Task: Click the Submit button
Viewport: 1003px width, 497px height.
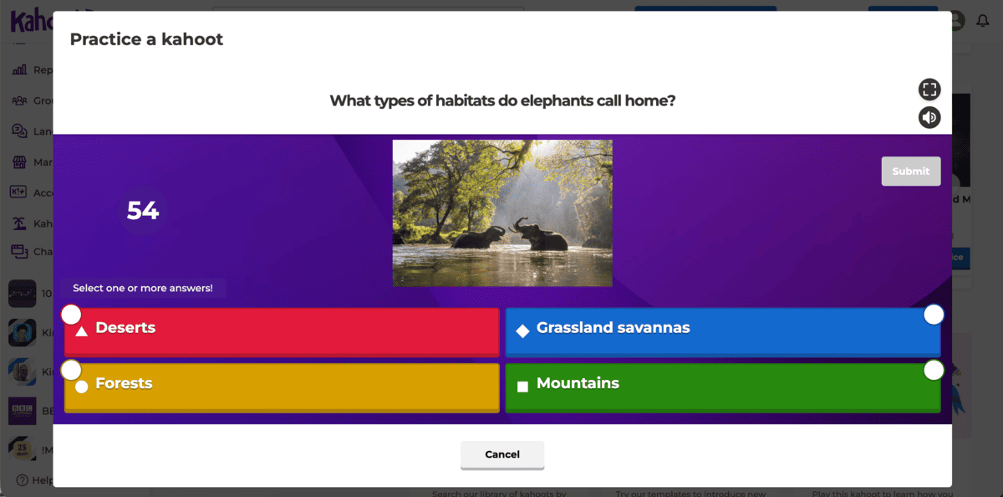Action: pyautogui.click(x=910, y=172)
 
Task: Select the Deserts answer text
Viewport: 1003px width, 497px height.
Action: pyautogui.click(x=125, y=328)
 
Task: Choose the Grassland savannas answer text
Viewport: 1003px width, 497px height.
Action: pyautogui.click(x=613, y=328)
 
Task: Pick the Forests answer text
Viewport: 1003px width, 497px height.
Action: pyautogui.click(x=124, y=383)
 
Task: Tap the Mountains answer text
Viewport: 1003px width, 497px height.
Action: pyautogui.click(x=578, y=383)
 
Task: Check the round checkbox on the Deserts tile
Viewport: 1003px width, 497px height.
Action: pyautogui.click(x=71, y=315)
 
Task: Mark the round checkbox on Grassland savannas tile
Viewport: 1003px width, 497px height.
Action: pyautogui.click(x=934, y=315)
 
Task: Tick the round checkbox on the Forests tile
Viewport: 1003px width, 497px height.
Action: pyautogui.click(x=71, y=370)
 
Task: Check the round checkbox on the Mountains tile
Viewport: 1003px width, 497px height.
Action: pyautogui.click(x=934, y=370)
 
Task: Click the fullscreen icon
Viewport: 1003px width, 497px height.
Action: pyautogui.click(x=929, y=90)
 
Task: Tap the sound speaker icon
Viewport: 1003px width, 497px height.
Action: pyautogui.click(x=929, y=118)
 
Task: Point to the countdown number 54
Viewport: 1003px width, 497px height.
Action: pyautogui.click(x=143, y=211)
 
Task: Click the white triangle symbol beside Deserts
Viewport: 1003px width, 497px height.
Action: pyautogui.click(x=82, y=331)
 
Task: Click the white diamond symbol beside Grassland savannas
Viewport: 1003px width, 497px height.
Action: pyautogui.click(x=522, y=331)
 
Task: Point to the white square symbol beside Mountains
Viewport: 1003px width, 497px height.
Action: pyautogui.click(x=522, y=387)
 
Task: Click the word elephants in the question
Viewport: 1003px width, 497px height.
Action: pyautogui.click(x=556, y=101)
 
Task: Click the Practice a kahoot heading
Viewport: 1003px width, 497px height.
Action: pyautogui.click(x=146, y=39)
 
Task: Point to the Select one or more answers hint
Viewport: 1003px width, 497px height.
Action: pyautogui.click(x=143, y=288)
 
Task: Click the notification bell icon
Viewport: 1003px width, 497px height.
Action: pyautogui.click(x=982, y=21)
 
